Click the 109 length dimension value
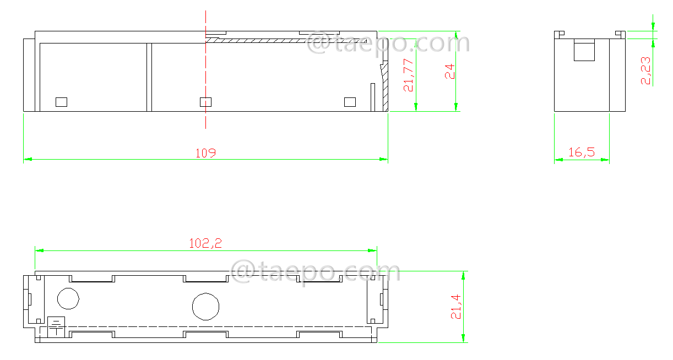[x=205, y=152]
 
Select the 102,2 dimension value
[x=205, y=243]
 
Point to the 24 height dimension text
[x=451, y=72]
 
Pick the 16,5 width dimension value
[x=582, y=152]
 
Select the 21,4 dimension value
[x=455, y=306]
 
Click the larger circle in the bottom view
[x=205, y=306]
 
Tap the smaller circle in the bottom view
[x=68, y=298]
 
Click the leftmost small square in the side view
[x=61, y=102]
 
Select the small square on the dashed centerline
[x=205, y=102]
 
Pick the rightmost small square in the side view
[x=350, y=102]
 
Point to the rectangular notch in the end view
[x=584, y=50]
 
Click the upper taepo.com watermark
[x=388, y=43]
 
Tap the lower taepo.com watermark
[x=315, y=272]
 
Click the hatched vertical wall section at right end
[x=385, y=88]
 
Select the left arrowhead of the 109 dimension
[x=27, y=160]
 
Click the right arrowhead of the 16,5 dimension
[x=606, y=160]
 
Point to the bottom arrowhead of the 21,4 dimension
[x=464, y=339]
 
